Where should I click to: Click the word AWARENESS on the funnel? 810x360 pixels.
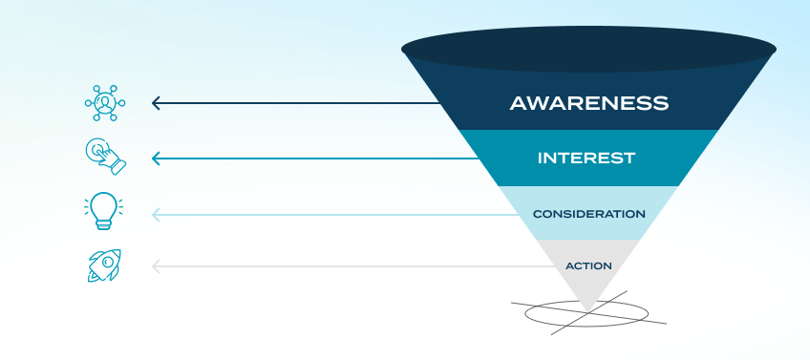tap(587, 102)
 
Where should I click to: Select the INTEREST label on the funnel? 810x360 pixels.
tap(586, 158)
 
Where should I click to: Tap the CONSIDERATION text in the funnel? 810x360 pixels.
tap(588, 214)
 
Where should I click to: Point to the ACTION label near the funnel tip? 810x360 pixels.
tap(588, 265)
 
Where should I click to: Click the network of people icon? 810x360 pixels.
tap(104, 102)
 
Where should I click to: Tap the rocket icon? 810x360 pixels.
tap(104, 265)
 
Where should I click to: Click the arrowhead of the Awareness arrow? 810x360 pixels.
tap(156, 102)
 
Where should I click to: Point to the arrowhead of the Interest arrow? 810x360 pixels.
tap(156, 159)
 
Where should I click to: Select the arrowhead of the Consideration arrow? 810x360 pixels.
tap(156, 215)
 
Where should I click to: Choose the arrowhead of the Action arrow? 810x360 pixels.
tap(156, 266)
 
